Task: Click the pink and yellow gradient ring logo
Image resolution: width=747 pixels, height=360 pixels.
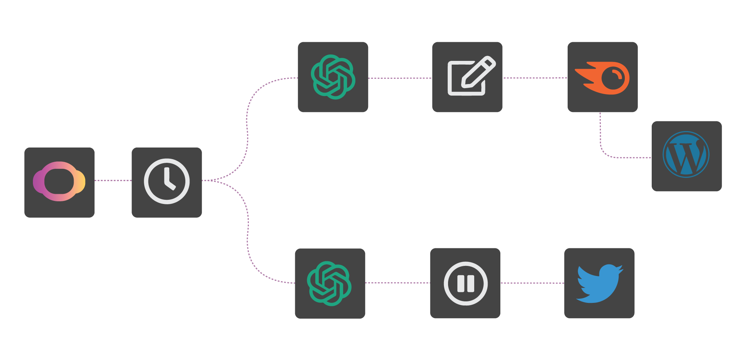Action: click(59, 182)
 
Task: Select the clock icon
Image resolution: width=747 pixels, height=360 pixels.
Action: click(167, 181)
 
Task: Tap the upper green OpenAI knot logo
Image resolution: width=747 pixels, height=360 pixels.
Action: click(333, 77)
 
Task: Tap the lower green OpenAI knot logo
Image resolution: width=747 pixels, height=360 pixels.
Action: click(329, 283)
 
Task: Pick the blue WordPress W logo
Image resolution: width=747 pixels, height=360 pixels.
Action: click(686, 155)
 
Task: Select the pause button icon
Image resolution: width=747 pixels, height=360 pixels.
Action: click(465, 283)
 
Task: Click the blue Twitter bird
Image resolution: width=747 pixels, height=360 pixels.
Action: click(599, 283)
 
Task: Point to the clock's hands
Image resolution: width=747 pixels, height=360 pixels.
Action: click(168, 180)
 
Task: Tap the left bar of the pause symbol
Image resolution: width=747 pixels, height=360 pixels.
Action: click(461, 283)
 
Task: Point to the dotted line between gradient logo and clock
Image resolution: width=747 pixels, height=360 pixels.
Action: click(113, 180)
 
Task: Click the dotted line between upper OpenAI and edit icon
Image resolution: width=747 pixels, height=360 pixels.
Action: click(400, 78)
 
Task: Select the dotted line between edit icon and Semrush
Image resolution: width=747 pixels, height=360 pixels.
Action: click(535, 78)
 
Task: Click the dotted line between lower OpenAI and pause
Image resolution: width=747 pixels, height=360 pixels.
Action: click(397, 283)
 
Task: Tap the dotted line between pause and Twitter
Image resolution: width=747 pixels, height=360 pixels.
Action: click(532, 283)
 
